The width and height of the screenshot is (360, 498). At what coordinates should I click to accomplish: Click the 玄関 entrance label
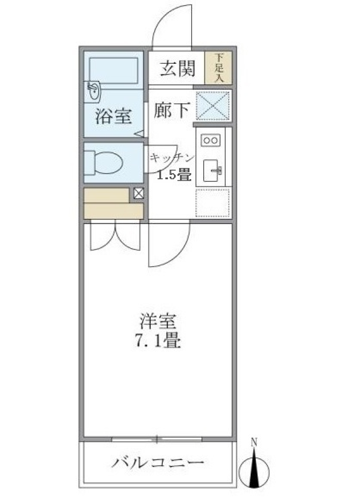point(177,69)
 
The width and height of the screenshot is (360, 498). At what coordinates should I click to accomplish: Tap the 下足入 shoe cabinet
point(219,68)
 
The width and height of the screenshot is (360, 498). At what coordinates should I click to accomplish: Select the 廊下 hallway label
point(171,110)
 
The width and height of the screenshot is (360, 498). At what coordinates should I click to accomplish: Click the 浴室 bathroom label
point(113,116)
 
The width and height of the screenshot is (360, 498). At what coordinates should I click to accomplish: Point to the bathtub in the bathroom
point(114,70)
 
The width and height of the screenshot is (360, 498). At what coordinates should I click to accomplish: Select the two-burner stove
point(210,141)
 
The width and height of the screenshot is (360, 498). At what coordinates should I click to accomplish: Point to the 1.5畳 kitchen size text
point(174,174)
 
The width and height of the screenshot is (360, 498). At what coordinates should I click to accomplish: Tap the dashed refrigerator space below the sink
point(213,203)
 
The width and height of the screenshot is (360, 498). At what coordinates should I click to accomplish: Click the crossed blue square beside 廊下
point(213,105)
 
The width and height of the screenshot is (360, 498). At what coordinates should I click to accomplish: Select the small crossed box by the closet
point(138,193)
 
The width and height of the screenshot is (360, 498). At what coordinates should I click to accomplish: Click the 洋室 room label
point(157,322)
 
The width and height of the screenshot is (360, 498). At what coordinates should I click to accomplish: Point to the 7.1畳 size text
point(157,341)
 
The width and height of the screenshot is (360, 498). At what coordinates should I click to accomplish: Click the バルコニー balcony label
point(157,462)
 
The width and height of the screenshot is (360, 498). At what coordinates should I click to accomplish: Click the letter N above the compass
point(254,442)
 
